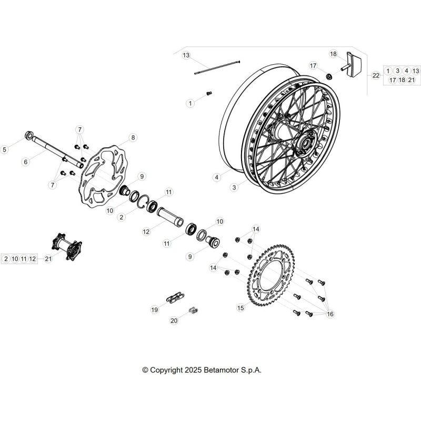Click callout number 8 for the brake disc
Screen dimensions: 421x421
tap(133, 137)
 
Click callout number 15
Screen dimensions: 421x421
tap(241, 308)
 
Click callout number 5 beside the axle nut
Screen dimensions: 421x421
tap(4, 149)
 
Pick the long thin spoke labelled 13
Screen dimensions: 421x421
tap(217, 67)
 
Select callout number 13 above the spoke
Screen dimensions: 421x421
tap(186, 55)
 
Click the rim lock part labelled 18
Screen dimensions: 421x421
tap(352, 64)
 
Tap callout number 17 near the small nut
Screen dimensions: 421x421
tap(313, 65)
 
